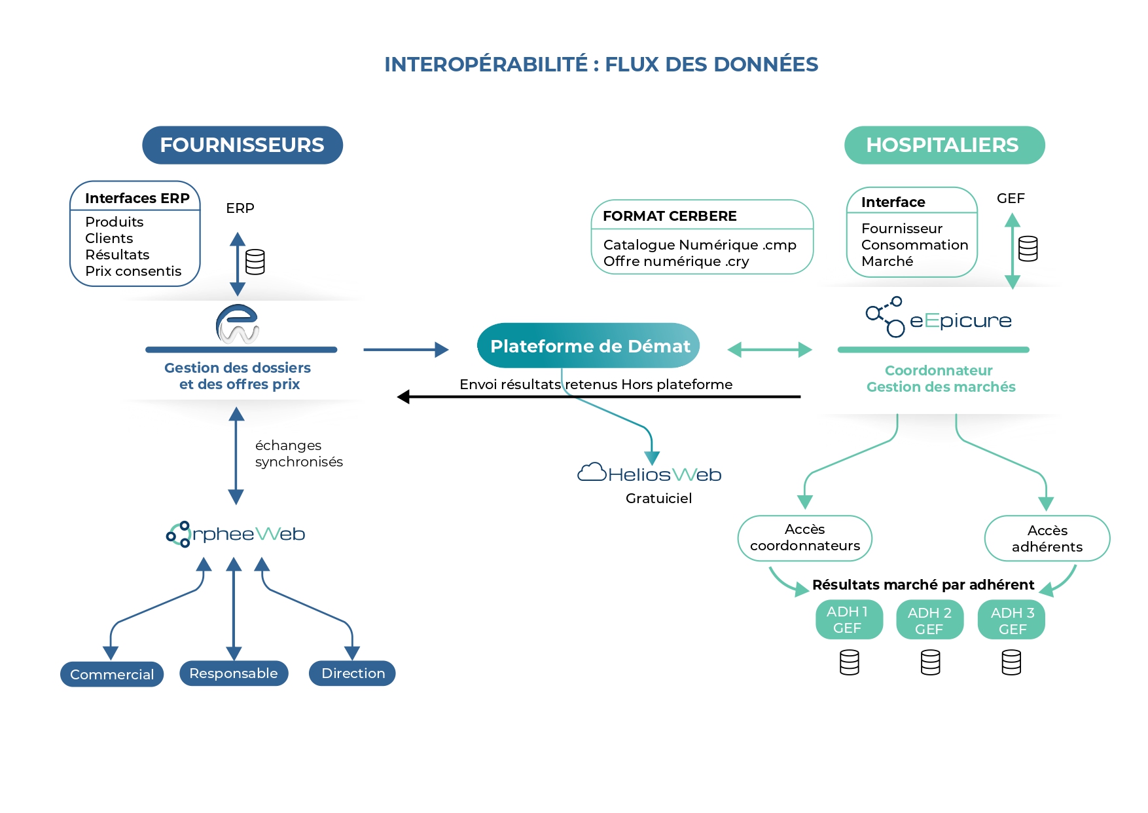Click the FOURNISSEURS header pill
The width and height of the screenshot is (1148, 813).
pyautogui.click(x=242, y=145)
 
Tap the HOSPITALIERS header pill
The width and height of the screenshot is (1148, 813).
pyautogui.click(x=944, y=145)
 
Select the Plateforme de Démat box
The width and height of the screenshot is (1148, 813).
pyautogui.click(x=588, y=346)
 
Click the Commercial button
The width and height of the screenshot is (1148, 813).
pyautogui.click(x=112, y=674)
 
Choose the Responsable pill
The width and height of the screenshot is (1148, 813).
pyautogui.click(x=234, y=673)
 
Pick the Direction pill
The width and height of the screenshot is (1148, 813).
pyautogui.click(x=352, y=673)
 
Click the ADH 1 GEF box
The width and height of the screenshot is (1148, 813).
pyautogui.click(x=848, y=620)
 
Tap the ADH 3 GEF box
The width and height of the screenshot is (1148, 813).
pyautogui.click(x=1011, y=620)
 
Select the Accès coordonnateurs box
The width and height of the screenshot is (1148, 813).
pyautogui.click(x=805, y=538)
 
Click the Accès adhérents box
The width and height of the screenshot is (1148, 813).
pyautogui.click(x=1047, y=539)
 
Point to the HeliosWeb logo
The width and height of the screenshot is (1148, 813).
pyautogui.click(x=649, y=474)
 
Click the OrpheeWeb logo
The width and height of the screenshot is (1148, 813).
pyautogui.click(x=236, y=534)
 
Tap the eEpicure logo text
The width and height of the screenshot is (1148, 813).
pyautogui.click(x=960, y=320)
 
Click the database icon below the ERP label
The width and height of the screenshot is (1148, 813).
pyautogui.click(x=255, y=262)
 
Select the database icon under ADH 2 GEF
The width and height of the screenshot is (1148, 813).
pyautogui.click(x=930, y=662)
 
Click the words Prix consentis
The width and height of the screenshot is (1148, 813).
pyautogui.click(x=133, y=271)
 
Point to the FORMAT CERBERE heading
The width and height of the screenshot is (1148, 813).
pyautogui.click(x=670, y=216)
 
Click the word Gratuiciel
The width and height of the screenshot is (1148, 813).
pyautogui.click(x=658, y=499)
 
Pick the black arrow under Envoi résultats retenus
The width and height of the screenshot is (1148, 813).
pyautogui.click(x=598, y=397)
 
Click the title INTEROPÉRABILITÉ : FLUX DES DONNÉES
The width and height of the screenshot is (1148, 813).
pyautogui.click(x=601, y=64)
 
